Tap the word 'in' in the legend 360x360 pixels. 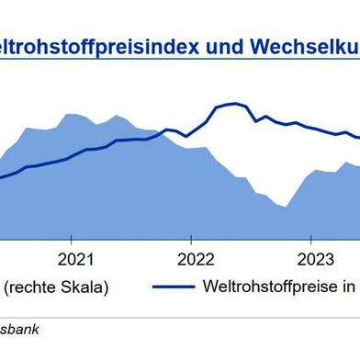tap(351, 287)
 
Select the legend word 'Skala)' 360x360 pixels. tap(85, 287)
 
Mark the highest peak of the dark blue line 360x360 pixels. tap(234, 103)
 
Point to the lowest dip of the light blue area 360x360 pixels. tap(286, 207)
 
